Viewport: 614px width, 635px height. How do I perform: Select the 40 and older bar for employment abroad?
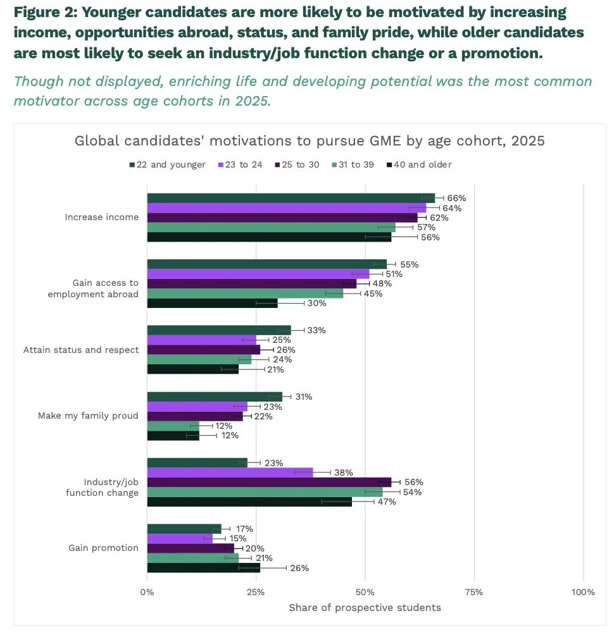click(x=212, y=303)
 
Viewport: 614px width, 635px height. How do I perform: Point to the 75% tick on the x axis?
click(x=473, y=592)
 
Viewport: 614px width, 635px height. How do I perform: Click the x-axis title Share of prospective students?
click(x=365, y=608)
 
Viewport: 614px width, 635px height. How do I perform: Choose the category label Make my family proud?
click(x=88, y=416)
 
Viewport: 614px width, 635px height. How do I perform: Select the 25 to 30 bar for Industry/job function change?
click(x=269, y=482)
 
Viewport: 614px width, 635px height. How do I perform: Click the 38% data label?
click(x=343, y=472)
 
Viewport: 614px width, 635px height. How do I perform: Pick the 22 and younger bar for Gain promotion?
click(x=184, y=529)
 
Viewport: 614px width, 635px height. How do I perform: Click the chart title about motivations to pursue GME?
click(x=310, y=140)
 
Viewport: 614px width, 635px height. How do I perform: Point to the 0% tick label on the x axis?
click(x=147, y=592)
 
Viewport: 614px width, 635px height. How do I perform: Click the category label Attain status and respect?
click(x=81, y=350)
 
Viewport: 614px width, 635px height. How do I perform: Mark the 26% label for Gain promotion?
click(x=299, y=568)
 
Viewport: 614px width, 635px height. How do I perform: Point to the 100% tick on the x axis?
click(x=583, y=592)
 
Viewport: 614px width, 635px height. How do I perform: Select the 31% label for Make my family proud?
click(x=304, y=397)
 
